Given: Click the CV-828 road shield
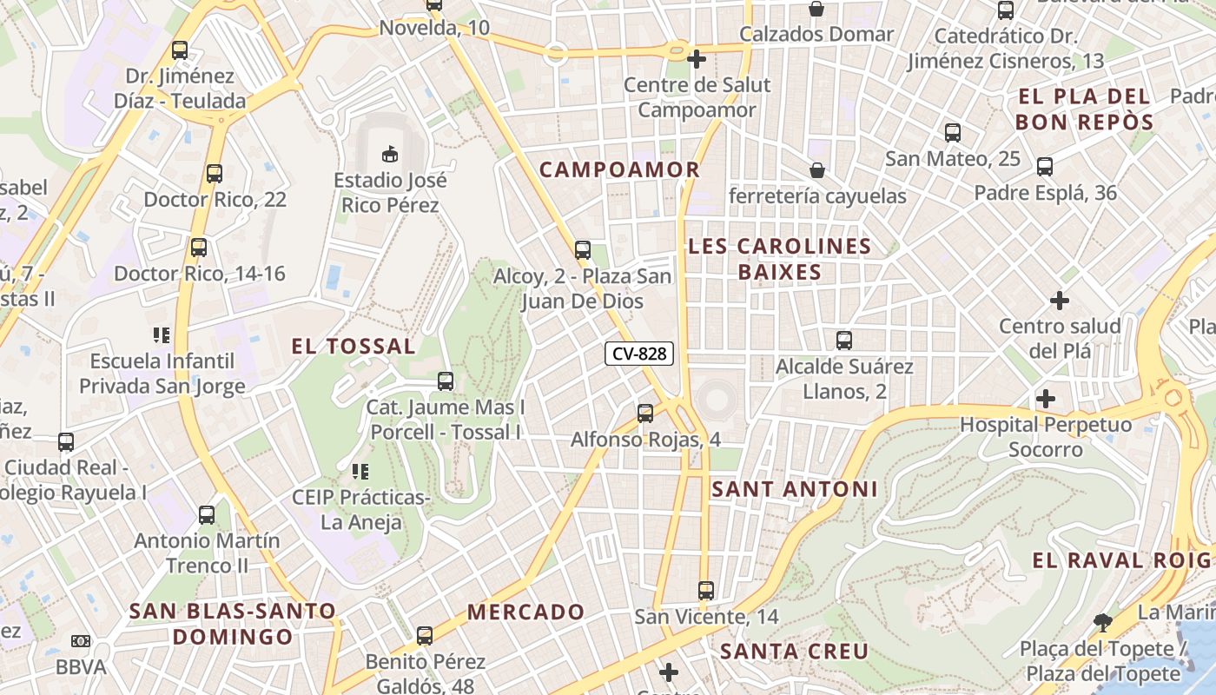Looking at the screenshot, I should (639, 354).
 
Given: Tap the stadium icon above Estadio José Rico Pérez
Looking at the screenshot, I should (390, 154).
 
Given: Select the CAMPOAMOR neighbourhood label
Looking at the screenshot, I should (619, 169).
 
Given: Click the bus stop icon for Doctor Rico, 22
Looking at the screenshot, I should (215, 174).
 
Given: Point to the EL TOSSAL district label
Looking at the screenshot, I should (353, 346).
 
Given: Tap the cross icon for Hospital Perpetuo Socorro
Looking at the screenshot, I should (1046, 399).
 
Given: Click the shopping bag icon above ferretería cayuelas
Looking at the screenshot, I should (816, 169).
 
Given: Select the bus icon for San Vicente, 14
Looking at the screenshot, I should (706, 591).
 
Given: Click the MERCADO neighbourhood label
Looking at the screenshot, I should (525, 612).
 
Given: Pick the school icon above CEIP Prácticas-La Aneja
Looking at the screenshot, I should (360, 472).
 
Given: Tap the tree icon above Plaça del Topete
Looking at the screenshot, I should (1103, 622).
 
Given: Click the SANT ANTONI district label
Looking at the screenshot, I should (795, 489).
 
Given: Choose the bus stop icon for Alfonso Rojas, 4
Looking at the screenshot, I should (644, 414).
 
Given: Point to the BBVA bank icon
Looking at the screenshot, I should (81, 641).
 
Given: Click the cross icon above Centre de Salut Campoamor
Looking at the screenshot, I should (696, 59).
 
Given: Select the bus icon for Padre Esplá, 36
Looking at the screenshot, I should (1045, 167).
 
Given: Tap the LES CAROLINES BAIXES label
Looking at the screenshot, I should (779, 259).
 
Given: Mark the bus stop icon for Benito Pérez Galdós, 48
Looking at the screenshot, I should (424, 636).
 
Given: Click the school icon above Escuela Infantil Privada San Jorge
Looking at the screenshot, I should (162, 334).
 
